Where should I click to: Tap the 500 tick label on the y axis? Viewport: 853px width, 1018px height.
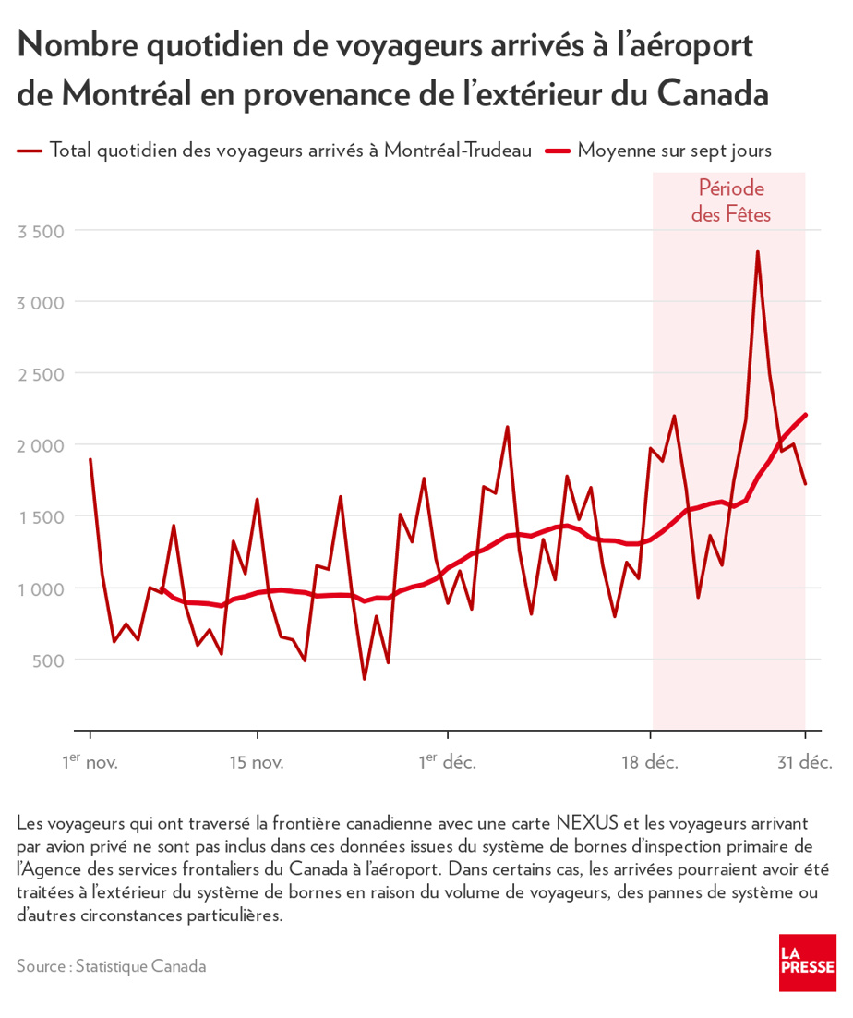47,660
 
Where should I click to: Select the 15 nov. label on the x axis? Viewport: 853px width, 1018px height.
257,763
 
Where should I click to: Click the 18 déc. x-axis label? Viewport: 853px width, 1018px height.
649,763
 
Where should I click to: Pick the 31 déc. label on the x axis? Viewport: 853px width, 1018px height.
804,763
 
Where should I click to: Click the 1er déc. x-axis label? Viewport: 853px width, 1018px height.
446,762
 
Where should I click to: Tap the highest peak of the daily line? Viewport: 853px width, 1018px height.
758,251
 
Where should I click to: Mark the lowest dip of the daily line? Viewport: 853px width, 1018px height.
364,679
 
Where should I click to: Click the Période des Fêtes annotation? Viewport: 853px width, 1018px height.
730,201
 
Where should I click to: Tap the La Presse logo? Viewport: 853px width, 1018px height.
807,962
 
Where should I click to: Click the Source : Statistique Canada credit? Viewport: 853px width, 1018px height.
111,966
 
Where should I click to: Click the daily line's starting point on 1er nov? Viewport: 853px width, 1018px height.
90,459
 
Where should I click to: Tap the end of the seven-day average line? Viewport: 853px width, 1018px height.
805,415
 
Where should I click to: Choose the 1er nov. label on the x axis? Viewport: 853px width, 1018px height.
90,762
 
